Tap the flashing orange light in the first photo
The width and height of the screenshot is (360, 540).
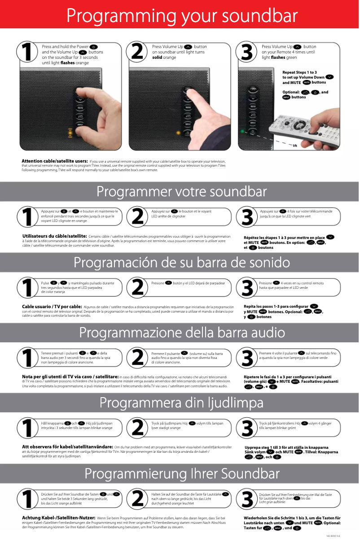click(x=70, y=133)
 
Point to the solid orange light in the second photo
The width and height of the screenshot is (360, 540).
click(x=178, y=133)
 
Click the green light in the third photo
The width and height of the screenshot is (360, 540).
click(x=242, y=131)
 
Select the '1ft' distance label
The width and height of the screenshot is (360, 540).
click(x=294, y=146)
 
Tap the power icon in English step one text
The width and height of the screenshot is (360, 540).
click(x=93, y=47)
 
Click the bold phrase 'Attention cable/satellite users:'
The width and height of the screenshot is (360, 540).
click(x=55, y=161)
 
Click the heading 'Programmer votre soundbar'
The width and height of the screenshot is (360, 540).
click(x=182, y=191)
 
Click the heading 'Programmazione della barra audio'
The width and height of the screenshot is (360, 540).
click(x=182, y=332)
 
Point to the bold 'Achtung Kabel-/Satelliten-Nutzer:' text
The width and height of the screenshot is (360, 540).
click(x=58, y=518)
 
